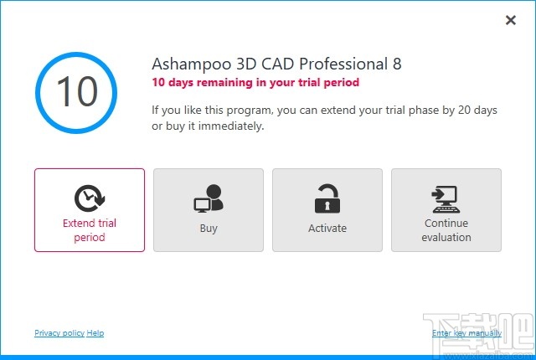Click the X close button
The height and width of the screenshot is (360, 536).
pos(511,20)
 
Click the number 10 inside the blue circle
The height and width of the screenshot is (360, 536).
pos(76,91)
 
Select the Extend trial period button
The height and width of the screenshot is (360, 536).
pos(90,210)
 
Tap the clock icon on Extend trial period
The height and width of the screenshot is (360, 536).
pos(89,198)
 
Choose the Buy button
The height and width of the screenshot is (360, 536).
pos(209,210)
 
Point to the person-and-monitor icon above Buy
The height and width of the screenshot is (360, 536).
pos(209,198)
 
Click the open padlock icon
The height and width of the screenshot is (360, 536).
pos(327,198)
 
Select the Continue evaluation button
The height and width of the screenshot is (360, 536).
pos(446,210)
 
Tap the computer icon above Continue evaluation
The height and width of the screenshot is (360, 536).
pos(446,198)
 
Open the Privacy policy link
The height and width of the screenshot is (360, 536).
pos(59,333)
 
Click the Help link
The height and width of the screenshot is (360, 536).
pos(95,333)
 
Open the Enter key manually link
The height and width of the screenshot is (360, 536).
pos(466,333)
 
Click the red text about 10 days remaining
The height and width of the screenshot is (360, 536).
pos(255,83)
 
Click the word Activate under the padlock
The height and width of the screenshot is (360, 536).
pos(327,228)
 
